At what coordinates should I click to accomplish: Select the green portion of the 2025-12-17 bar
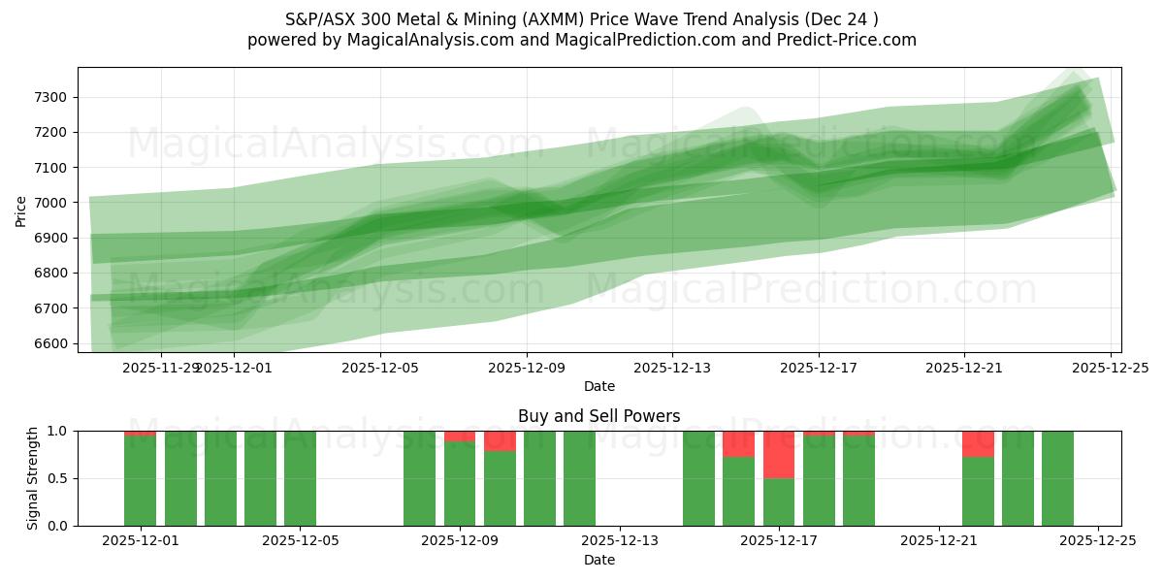(x=779, y=501)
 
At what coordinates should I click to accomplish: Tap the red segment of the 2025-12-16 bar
(x=738, y=443)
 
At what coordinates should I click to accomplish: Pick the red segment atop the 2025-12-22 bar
(x=978, y=443)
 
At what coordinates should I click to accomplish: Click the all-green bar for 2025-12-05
(x=300, y=478)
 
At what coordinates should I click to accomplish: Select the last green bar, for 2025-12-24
(x=1057, y=478)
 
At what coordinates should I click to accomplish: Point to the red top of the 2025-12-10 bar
(x=500, y=440)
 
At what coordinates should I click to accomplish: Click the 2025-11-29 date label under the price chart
(x=161, y=369)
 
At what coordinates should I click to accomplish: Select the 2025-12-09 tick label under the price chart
(x=527, y=369)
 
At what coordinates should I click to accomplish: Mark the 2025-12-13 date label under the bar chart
(x=620, y=541)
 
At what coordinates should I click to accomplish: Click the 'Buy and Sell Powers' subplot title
(x=598, y=416)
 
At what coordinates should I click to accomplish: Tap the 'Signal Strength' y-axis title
(x=33, y=478)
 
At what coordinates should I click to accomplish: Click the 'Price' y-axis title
(x=20, y=210)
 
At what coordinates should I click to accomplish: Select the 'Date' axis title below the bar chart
(x=598, y=560)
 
